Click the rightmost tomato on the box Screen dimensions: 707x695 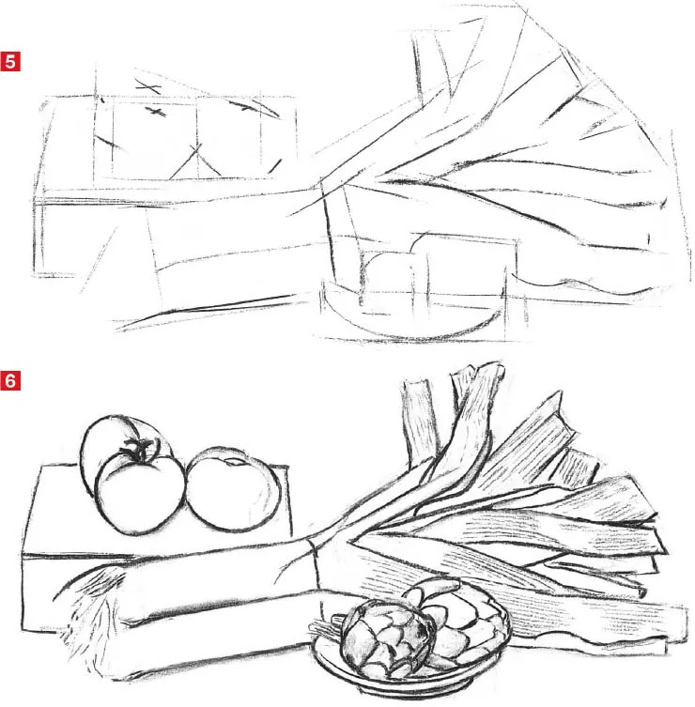(x=232, y=490)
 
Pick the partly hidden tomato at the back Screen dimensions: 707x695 (x=100, y=448)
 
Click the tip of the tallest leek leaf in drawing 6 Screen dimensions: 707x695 (x=488, y=368)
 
